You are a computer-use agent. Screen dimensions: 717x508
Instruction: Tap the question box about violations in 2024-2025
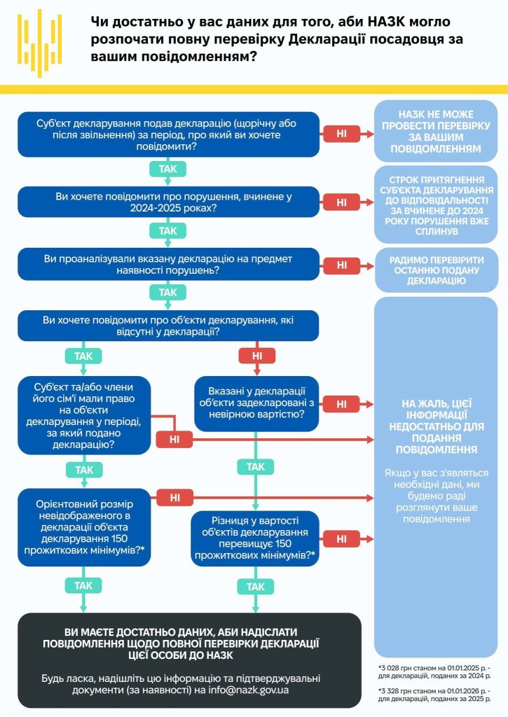click(x=168, y=202)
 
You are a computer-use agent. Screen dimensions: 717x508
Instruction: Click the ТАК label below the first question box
click(x=168, y=169)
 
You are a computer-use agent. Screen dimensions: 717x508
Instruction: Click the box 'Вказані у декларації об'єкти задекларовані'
click(x=256, y=403)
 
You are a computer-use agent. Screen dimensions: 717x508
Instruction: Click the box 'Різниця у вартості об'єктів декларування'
click(x=256, y=538)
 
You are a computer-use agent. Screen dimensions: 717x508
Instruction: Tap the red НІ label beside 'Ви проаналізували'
click(x=342, y=265)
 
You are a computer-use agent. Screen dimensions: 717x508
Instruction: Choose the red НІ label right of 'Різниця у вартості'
click(x=342, y=539)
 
